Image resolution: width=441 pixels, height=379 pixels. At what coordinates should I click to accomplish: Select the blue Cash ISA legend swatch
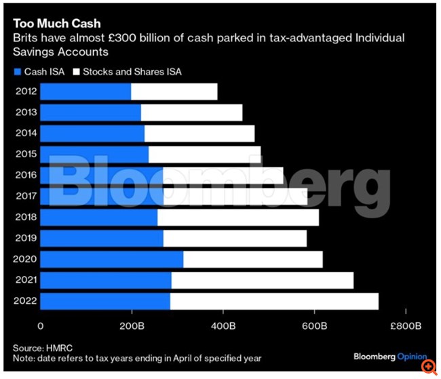17,71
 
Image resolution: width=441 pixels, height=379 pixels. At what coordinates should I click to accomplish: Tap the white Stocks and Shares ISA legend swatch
77,71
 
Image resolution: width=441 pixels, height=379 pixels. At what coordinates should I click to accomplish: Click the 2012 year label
26,92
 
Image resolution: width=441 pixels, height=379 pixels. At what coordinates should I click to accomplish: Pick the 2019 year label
26,239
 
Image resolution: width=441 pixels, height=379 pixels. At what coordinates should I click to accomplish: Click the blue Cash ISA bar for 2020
112,260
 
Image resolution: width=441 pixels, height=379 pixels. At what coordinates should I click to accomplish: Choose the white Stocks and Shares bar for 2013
191,113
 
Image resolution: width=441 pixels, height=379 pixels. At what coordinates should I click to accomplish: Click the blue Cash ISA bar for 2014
92,134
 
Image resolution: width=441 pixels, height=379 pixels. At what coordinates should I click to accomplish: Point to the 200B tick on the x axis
132,326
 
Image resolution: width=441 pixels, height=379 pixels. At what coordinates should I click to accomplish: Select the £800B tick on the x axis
406,326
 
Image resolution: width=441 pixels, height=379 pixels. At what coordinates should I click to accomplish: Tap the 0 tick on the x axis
41,326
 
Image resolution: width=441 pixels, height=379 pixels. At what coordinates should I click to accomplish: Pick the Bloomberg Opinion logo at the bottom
390,356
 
